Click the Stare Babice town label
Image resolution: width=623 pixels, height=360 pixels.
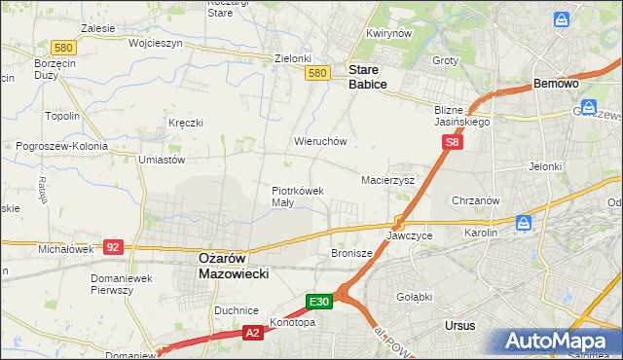click(x=368, y=77)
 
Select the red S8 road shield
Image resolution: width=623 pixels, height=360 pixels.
click(x=452, y=143)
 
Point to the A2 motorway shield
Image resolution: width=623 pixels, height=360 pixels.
click(x=251, y=333)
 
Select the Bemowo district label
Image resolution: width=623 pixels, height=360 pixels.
click(x=557, y=85)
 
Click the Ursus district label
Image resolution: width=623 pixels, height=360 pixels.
click(x=458, y=326)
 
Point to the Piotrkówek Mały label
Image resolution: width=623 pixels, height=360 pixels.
click(x=297, y=197)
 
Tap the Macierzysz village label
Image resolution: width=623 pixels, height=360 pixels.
click(x=388, y=181)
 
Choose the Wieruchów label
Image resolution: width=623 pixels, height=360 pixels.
click(x=320, y=141)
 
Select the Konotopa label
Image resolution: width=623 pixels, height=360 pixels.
click(x=293, y=323)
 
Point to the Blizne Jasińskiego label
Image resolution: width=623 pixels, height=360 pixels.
click(x=462, y=117)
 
